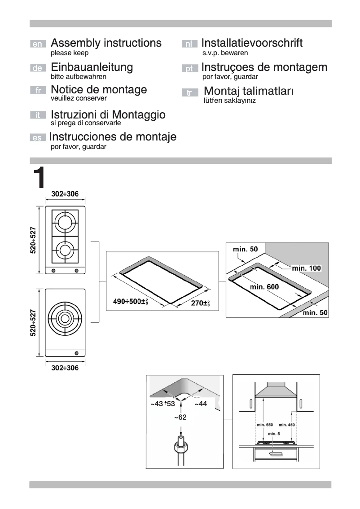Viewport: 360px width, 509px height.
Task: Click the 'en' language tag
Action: pos(38,44)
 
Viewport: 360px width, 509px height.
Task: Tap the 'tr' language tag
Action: pos(189,93)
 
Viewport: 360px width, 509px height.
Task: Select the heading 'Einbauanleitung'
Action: pos(92,67)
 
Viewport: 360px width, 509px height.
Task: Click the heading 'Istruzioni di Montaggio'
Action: pos(108,114)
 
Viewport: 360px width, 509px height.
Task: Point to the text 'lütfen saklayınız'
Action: pos(229,101)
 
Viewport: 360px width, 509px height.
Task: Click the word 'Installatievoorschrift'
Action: pos(252,43)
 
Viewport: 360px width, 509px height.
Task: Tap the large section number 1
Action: pos(39,178)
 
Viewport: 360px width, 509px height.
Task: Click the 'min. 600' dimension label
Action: pos(264,286)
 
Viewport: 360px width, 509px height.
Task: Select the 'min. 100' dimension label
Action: pos(306,268)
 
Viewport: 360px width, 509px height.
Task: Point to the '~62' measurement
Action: pos(180,417)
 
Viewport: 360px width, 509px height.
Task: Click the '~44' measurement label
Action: pos(200,404)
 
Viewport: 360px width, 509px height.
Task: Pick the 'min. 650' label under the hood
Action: pos(264,424)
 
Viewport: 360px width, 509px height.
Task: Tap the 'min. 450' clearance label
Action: pos(287,424)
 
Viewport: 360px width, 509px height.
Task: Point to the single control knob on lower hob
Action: pos(76,352)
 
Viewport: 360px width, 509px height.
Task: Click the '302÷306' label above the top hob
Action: pos(65,194)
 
